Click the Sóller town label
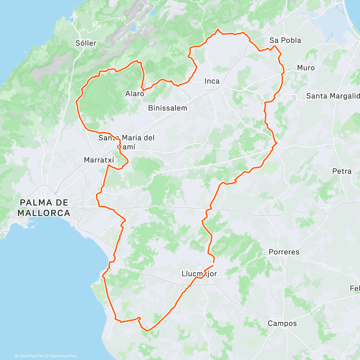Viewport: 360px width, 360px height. click(x=86, y=43)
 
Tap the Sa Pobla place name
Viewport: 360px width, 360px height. click(x=285, y=40)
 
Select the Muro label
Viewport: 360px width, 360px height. click(x=306, y=68)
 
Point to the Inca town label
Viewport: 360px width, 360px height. click(x=212, y=81)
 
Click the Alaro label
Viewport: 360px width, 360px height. click(x=135, y=94)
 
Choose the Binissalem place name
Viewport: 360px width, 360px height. click(x=167, y=108)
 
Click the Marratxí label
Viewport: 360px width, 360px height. click(x=99, y=160)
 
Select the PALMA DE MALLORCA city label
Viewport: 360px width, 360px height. click(x=44, y=208)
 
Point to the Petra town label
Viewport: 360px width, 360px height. click(x=342, y=171)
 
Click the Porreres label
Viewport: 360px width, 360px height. click(x=284, y=252)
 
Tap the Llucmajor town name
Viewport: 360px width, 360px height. click(x=199, y=274)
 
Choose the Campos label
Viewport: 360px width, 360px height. click(x=282, y=323)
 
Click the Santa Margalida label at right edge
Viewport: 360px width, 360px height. click(x=332, y=96)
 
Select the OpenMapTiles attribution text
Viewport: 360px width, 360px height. click(x=29, y=356)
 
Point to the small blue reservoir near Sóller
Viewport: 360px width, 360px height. click(x=133, y=28)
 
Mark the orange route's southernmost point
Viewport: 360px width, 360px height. click(x=147, y=331)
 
